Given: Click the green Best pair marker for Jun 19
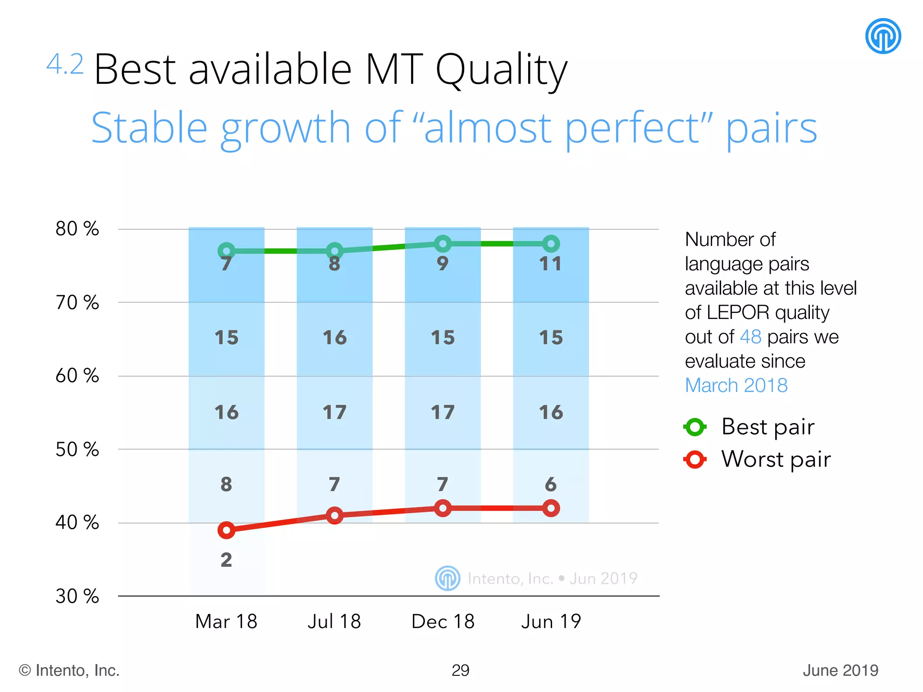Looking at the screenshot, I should [x=551, y=244].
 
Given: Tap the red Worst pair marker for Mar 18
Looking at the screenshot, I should [x=226, y=530].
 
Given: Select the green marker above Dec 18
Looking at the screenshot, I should [x=443, y=244].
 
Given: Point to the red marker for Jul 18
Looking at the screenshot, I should [x=334, y=515].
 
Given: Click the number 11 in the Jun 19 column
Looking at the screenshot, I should [x=551, y=264].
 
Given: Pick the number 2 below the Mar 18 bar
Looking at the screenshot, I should [x=226, y=560].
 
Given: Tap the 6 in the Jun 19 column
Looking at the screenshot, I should [x=551, y=484].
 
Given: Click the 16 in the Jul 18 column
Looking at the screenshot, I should [x=334, y=337].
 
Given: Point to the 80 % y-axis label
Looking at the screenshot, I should [x=77, y=229].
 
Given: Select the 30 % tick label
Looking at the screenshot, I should [x=77, y=596].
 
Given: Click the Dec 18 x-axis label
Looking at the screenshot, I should [x=443, y=622].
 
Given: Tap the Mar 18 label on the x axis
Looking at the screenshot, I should [x=226, y=622].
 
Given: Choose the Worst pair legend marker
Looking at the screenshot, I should [x=695, y=460].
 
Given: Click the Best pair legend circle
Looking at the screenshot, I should [x=695, y=427].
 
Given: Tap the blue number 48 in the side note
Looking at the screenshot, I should [x=750, y=337].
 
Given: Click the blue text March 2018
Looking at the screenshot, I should [x=736, y=385].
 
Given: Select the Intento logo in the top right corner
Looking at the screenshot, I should [x=883, y=36].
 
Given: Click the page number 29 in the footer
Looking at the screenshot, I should [x=460, y=670].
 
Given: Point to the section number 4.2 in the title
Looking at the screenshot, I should [x=65, y=64].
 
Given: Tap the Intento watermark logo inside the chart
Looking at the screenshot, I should [x=448, y=578].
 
